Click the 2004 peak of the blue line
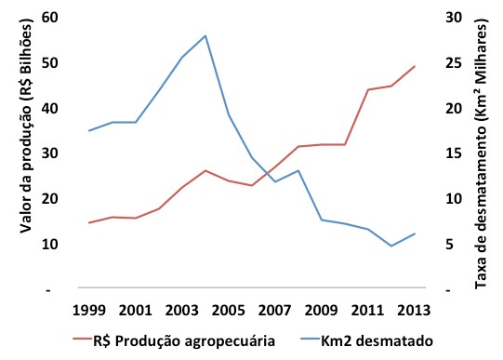point(205,35)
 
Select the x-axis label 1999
point(88,309)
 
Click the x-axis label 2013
point(413,309)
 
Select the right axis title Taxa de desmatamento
point(481,153)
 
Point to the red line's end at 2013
point(415,67)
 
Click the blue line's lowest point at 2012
point(391,246)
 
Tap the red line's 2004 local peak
point(205,170)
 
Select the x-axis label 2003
point(181,309)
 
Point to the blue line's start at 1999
point(88,130)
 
